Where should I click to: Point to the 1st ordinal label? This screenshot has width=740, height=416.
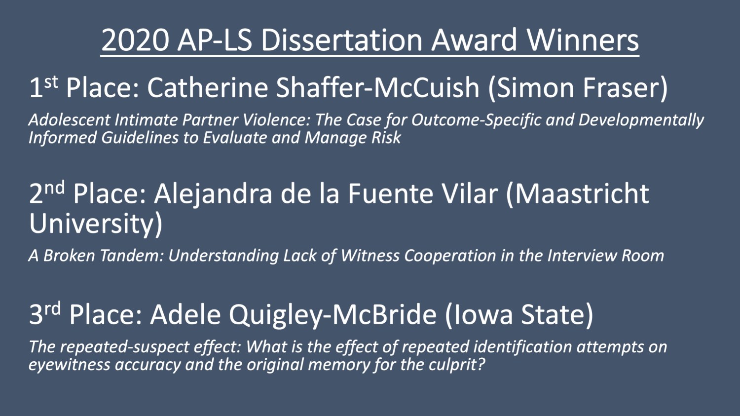[43, 87]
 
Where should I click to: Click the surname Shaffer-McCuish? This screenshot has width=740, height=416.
[377, 88]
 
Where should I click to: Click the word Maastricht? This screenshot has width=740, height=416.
[582, 193]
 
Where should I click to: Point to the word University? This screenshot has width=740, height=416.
[94, 224]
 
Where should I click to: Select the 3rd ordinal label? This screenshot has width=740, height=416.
[45, 314]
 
